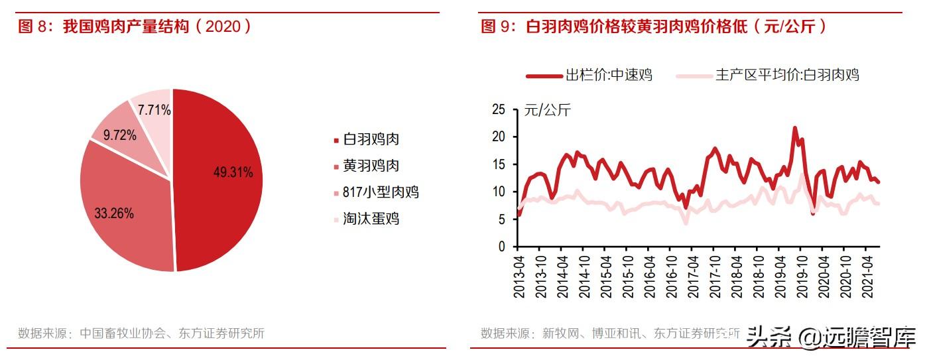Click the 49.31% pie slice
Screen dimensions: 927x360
point(219,180)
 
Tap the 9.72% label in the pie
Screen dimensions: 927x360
point(119,135)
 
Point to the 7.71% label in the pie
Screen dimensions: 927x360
point(154,110)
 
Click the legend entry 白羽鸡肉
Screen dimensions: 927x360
point(367,139)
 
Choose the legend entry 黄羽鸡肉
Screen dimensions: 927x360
point(367,166)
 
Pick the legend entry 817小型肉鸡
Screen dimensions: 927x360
point(377,192)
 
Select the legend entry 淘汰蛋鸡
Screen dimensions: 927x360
point(367,219)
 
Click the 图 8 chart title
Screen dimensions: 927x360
point(135,27)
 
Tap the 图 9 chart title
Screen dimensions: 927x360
point(654,27)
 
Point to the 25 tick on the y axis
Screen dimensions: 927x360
point(499,109)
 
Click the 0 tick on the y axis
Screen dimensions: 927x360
point(502,247)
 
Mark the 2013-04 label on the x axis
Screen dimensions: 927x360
point(519,277)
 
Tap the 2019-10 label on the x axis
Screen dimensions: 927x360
point(802,277)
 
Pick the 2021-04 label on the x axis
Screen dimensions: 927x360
point(867,277)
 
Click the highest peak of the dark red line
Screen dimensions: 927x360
point(794,128)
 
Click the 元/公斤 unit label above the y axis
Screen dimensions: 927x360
point(548,110)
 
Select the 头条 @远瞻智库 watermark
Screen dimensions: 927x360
point(831,337)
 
